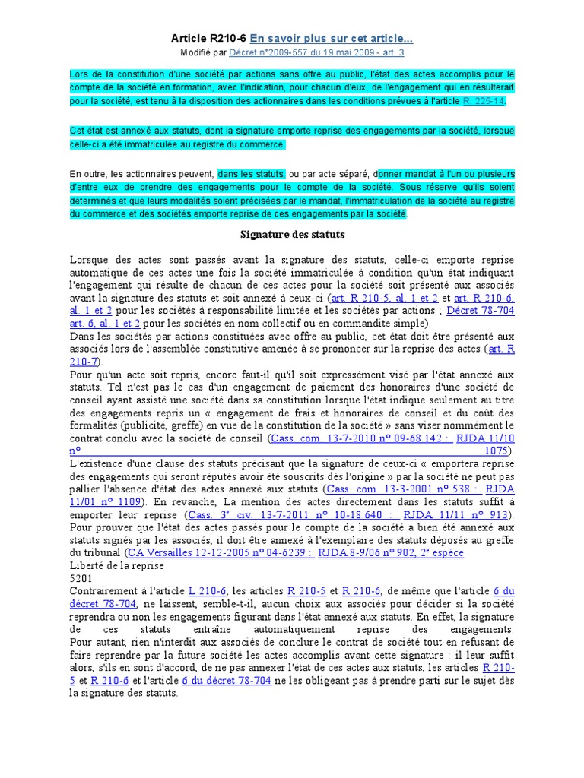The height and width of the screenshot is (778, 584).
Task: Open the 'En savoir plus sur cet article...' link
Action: [x=332, y=38]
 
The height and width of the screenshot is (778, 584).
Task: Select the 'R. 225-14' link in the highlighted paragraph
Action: [x=484, y=100]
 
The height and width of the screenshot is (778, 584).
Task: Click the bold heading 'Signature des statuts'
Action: [x=293, y=234]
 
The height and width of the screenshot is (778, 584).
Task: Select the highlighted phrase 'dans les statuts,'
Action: [x=251, y=173]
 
